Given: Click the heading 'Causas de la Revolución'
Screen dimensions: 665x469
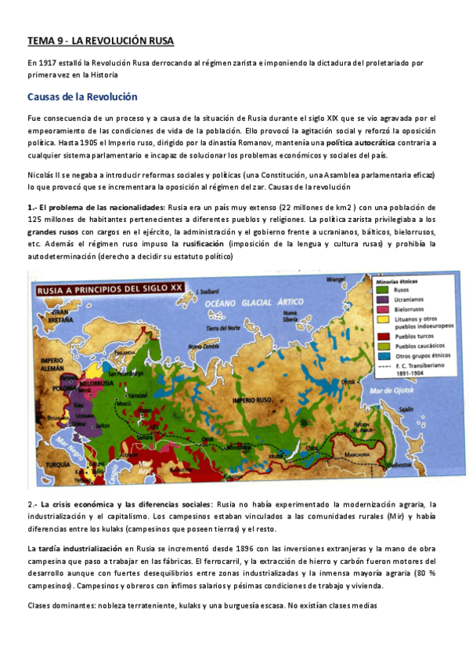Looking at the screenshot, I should point(81,97).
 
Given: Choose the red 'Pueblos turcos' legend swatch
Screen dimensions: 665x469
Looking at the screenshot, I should point(382,333).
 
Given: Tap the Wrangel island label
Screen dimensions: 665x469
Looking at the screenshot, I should point(336,279).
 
